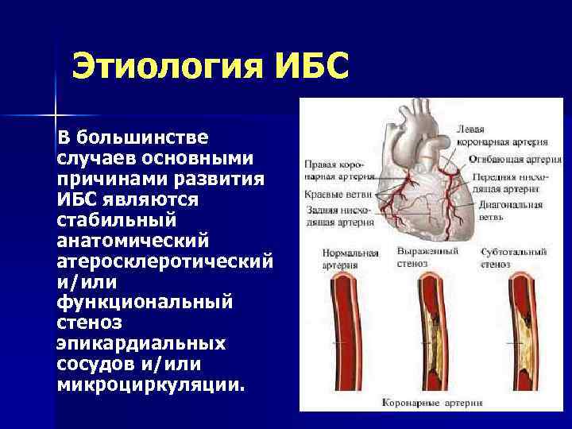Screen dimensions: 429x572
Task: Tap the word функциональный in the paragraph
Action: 145,301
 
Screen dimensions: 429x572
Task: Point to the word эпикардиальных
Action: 141,343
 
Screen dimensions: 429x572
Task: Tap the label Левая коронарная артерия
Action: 501,135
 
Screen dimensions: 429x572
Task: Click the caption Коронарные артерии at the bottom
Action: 433,402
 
